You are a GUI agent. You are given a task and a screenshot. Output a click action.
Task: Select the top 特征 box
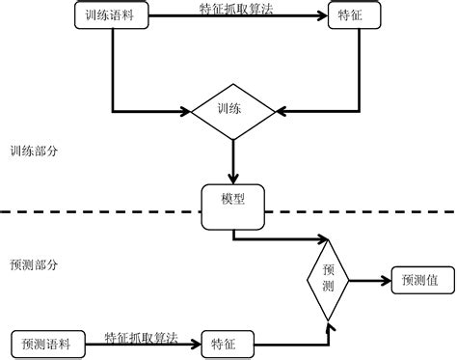point(346,15)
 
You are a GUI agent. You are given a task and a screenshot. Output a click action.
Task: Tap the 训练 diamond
point(234,109)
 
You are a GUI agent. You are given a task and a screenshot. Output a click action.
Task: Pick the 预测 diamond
point(329,279)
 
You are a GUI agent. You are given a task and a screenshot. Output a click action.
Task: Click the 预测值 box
point(419,280)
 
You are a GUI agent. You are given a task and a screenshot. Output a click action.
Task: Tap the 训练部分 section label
point(33,152)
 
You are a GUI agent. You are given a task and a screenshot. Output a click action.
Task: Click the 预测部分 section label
point(33,263)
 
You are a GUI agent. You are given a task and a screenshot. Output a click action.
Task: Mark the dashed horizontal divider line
point(96,209)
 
